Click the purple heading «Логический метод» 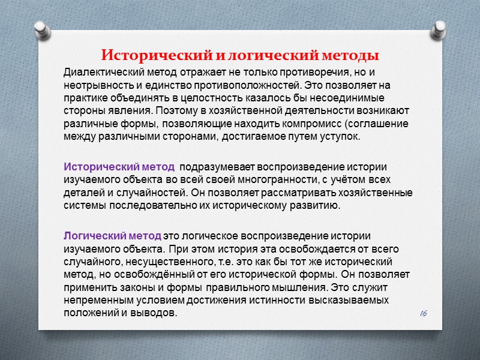[x=112, y=235]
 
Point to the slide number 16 [x=423, y=313]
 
